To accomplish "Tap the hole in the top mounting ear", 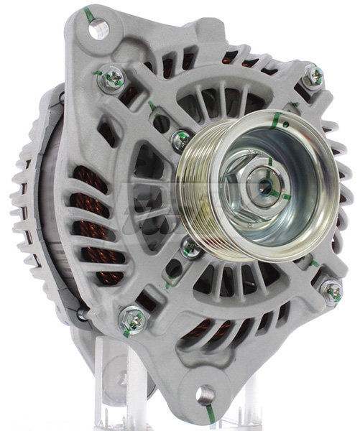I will [x=99, y=29].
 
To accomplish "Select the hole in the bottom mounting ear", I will [x=206, y=393].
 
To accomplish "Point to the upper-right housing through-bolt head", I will [x=313, y=77].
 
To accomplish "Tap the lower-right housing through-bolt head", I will [x=331, y=291].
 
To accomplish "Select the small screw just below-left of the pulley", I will [x=191, y=249].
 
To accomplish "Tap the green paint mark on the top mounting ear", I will [x=88, y=14].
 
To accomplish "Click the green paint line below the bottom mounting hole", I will [x=209, y=413].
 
